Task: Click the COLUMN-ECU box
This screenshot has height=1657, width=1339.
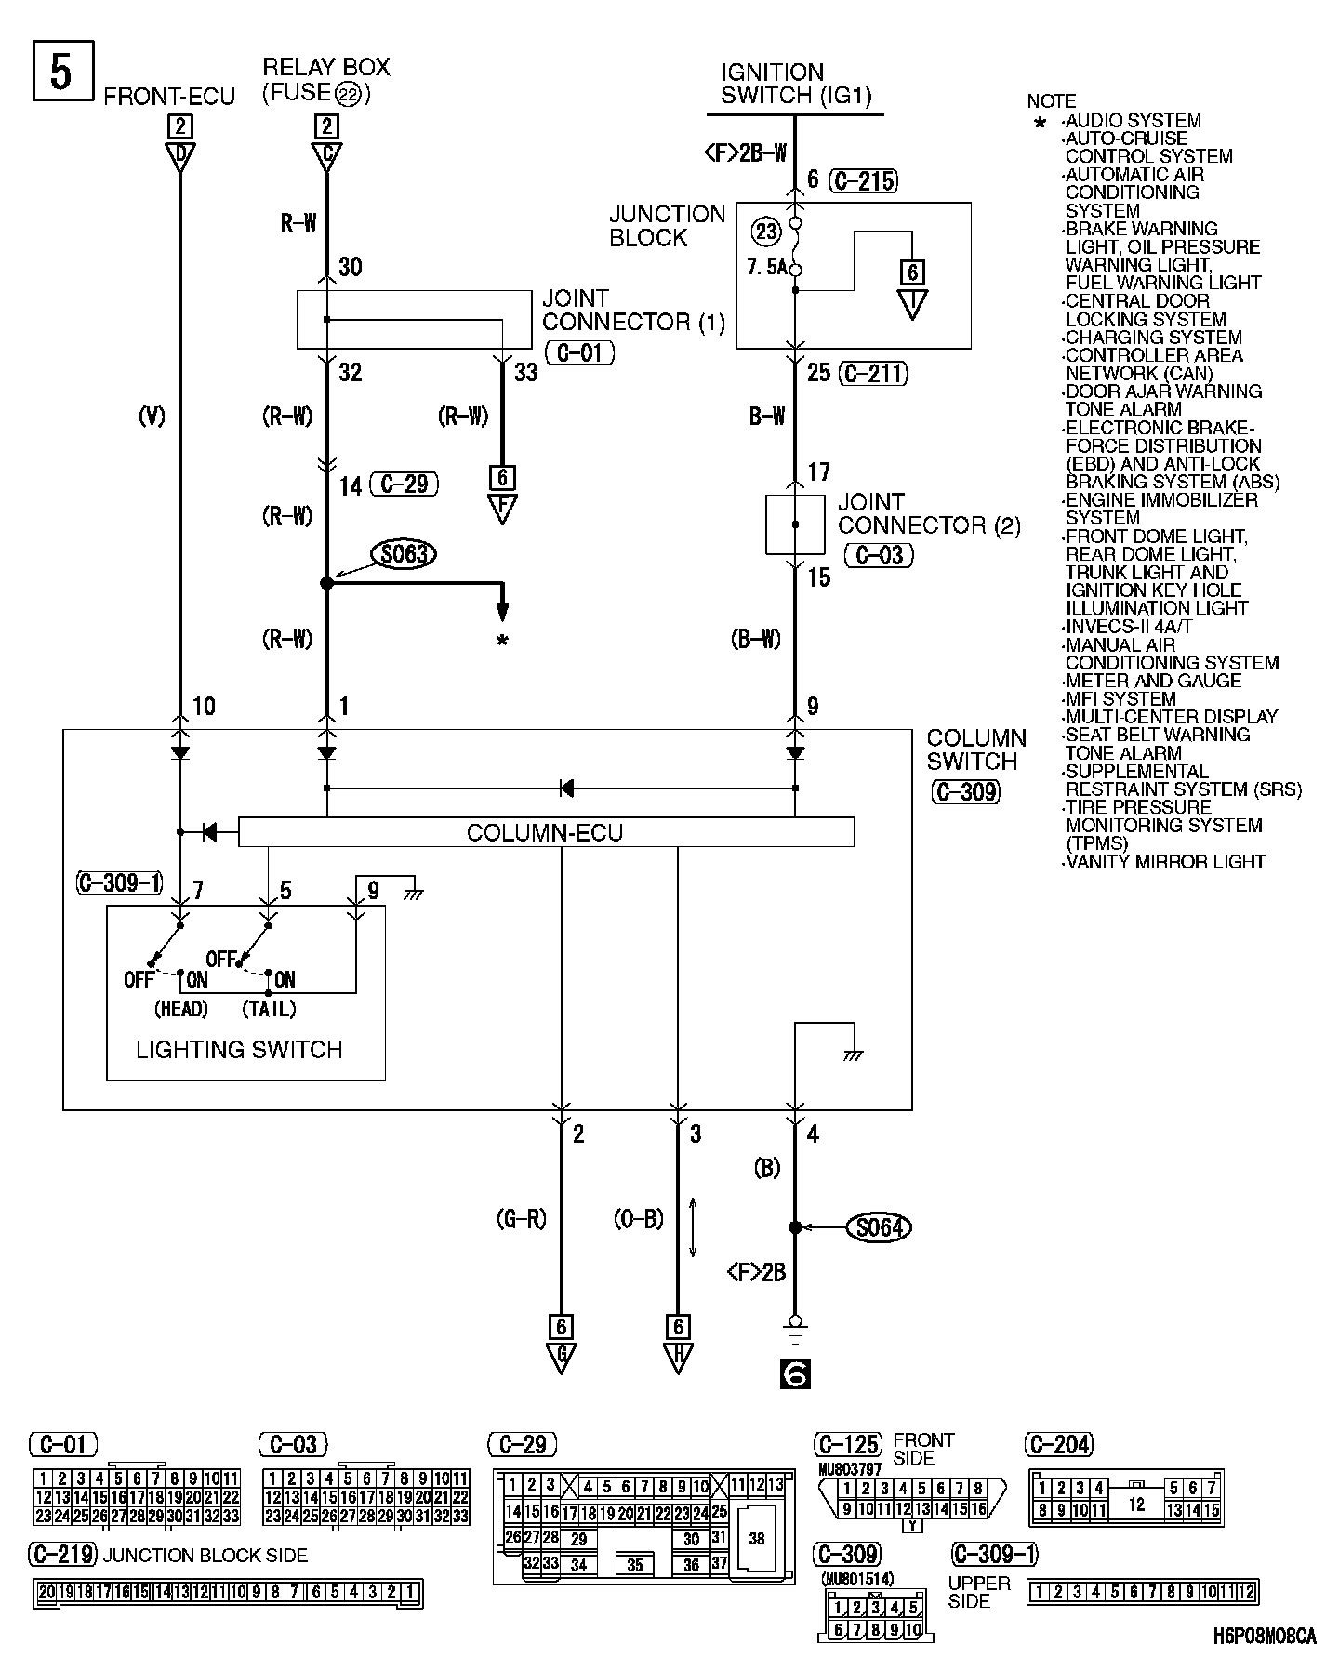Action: click(x=546, y=832)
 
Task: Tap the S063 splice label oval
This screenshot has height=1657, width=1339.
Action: click(x=404, y=555)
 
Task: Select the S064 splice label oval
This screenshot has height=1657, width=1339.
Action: click(x=878, y=1227)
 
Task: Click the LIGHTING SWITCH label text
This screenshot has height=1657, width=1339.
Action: click(x=239, y=1050)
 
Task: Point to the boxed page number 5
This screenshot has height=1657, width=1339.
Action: click(x=61, y=72)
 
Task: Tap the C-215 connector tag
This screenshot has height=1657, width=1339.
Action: click(x=865, y=180)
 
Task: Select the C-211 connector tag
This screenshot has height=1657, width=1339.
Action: click(x=872, y=374)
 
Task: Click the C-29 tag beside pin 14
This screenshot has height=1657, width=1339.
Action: click(x=404, y=484)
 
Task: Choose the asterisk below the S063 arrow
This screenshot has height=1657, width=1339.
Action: click(x=502, y=641)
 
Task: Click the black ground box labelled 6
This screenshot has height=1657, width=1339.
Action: click(x=795, y=1373)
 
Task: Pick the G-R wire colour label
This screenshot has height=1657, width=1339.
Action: click(x=523, y=1219)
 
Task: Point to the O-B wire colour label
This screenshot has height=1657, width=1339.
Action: click(x=639, y=1219)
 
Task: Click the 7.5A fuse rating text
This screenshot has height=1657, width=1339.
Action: click(x=767, y=268)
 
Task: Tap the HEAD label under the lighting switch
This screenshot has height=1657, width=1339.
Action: click(x=180, y=1008)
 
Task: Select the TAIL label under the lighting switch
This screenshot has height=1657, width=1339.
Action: click(x=269, y=1008)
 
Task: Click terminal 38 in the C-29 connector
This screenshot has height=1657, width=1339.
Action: click(x=757, y=1538)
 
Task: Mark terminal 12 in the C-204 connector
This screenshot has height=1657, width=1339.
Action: click(x=1135, y=1503)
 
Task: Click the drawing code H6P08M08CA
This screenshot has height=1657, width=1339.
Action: click(x=1265, y=1636)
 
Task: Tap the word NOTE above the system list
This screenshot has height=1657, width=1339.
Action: click(x=1052, y=101)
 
